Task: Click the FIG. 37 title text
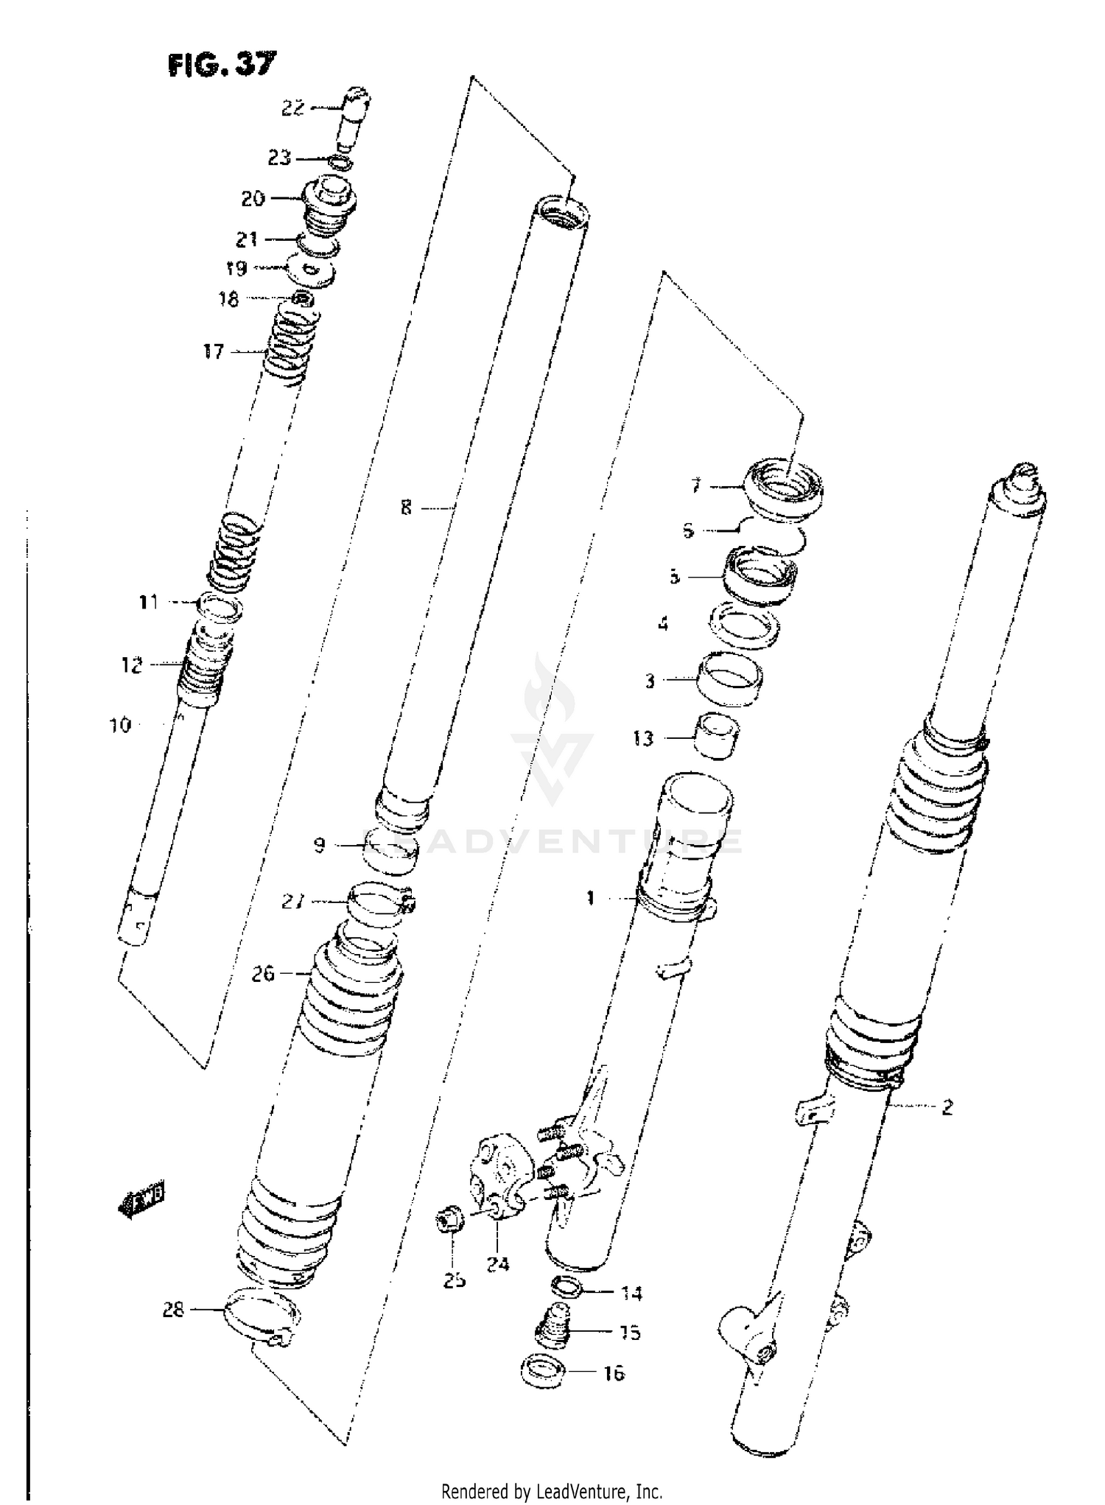click(222, 66)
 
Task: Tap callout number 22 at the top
click(292, 108)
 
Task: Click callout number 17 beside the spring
click(214, 352)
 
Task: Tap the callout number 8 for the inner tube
click(406, 508)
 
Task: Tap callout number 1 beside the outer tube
click(590, 898)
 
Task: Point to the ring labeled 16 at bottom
click(542, 1374)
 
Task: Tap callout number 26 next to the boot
click(262, 975)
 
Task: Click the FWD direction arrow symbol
click(141, 1201)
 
